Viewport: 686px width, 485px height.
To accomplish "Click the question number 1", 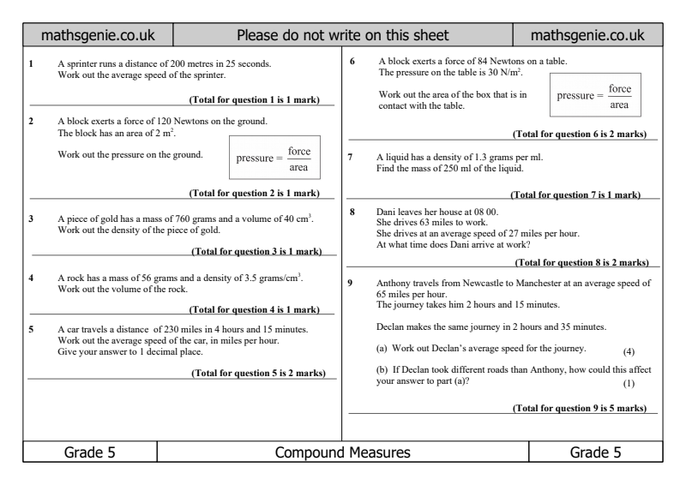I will pos(31,64).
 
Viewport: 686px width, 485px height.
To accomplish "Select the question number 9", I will pos(352,283).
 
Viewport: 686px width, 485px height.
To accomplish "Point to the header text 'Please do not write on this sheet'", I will pos(342,37).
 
